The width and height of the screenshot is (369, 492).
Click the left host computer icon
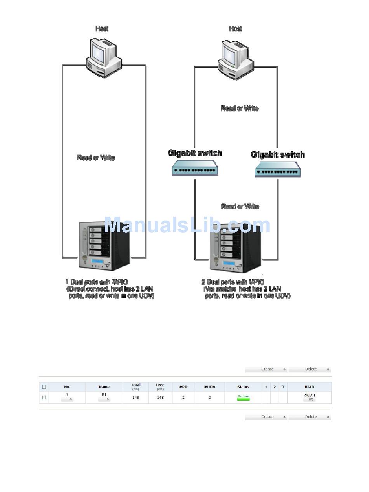pos(103,57)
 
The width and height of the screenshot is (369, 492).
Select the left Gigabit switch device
pos(195,168)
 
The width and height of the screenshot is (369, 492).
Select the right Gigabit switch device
pos(277,169)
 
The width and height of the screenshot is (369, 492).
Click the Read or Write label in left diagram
pos(96,158)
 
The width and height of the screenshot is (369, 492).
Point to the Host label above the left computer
pos(102,29)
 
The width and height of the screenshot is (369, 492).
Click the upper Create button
pos(267,369)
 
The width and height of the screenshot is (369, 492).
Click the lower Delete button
pos(310,417)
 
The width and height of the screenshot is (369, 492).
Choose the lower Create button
pos(267,417)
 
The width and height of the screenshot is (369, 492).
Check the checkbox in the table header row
pos(44,387)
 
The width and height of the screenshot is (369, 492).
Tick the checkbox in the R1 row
pos(44,397)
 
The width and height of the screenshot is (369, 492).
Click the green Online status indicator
pos(243,397)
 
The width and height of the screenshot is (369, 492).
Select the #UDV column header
pos(210,387)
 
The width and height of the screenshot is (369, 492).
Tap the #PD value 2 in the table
pos(183,397)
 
